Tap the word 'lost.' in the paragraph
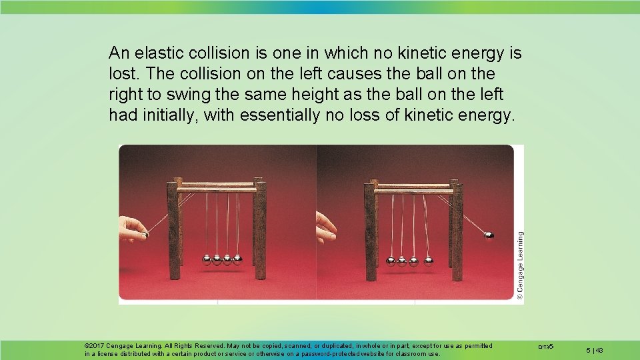point(124,73)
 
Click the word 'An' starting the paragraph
point(119,52)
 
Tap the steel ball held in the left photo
point(144,234)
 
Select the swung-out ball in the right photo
point(489,235)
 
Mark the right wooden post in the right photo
point(457,230)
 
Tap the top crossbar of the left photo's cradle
point(217,186)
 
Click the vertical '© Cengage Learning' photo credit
point(520,265)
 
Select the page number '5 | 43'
point(595,349)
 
